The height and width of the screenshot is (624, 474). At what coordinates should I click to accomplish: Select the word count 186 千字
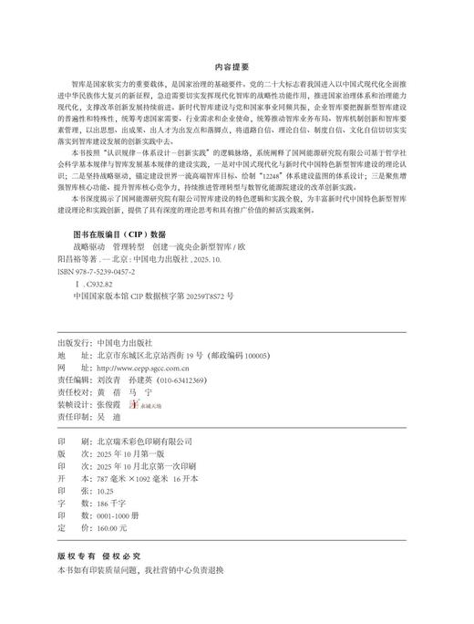109,503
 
